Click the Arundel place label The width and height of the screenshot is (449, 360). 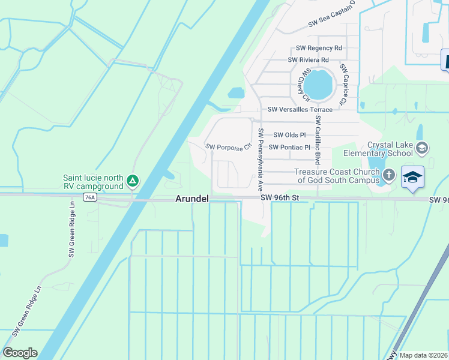click(191, 199)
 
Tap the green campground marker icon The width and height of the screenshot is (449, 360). click(133, 180)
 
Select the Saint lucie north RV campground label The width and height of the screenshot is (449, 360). click(94, 182)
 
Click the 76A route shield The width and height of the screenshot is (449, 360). click(90, 197)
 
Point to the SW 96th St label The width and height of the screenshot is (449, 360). click(279, 197)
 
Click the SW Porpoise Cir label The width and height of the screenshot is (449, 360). click(228, 147)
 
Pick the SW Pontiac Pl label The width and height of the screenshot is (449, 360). click(289, 147)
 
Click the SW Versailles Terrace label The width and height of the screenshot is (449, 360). click(300, 109)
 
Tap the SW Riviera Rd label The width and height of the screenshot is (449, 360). click(308, 60)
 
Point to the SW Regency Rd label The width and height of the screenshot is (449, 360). click(319, 48)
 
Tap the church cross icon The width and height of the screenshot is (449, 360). click(389, 176)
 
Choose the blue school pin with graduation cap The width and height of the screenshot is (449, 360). click(413, 177)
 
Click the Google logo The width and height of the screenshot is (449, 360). click(20, 353)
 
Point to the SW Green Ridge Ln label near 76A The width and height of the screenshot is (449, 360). click(71, 229)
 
